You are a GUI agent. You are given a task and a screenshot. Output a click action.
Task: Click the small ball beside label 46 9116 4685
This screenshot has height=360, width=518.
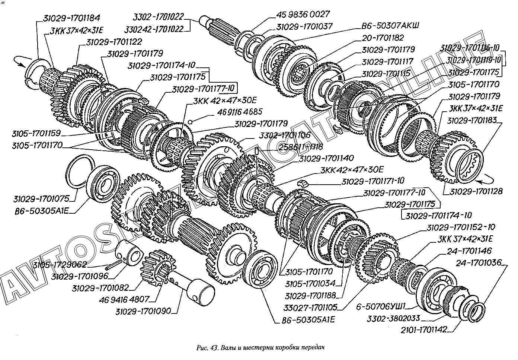click(x=190, y=121)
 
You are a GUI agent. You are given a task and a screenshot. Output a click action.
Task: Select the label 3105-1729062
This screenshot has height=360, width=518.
click(x=59, y=265)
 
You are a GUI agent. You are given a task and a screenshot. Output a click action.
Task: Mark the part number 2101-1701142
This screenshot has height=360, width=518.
click(x=424, y=329)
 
